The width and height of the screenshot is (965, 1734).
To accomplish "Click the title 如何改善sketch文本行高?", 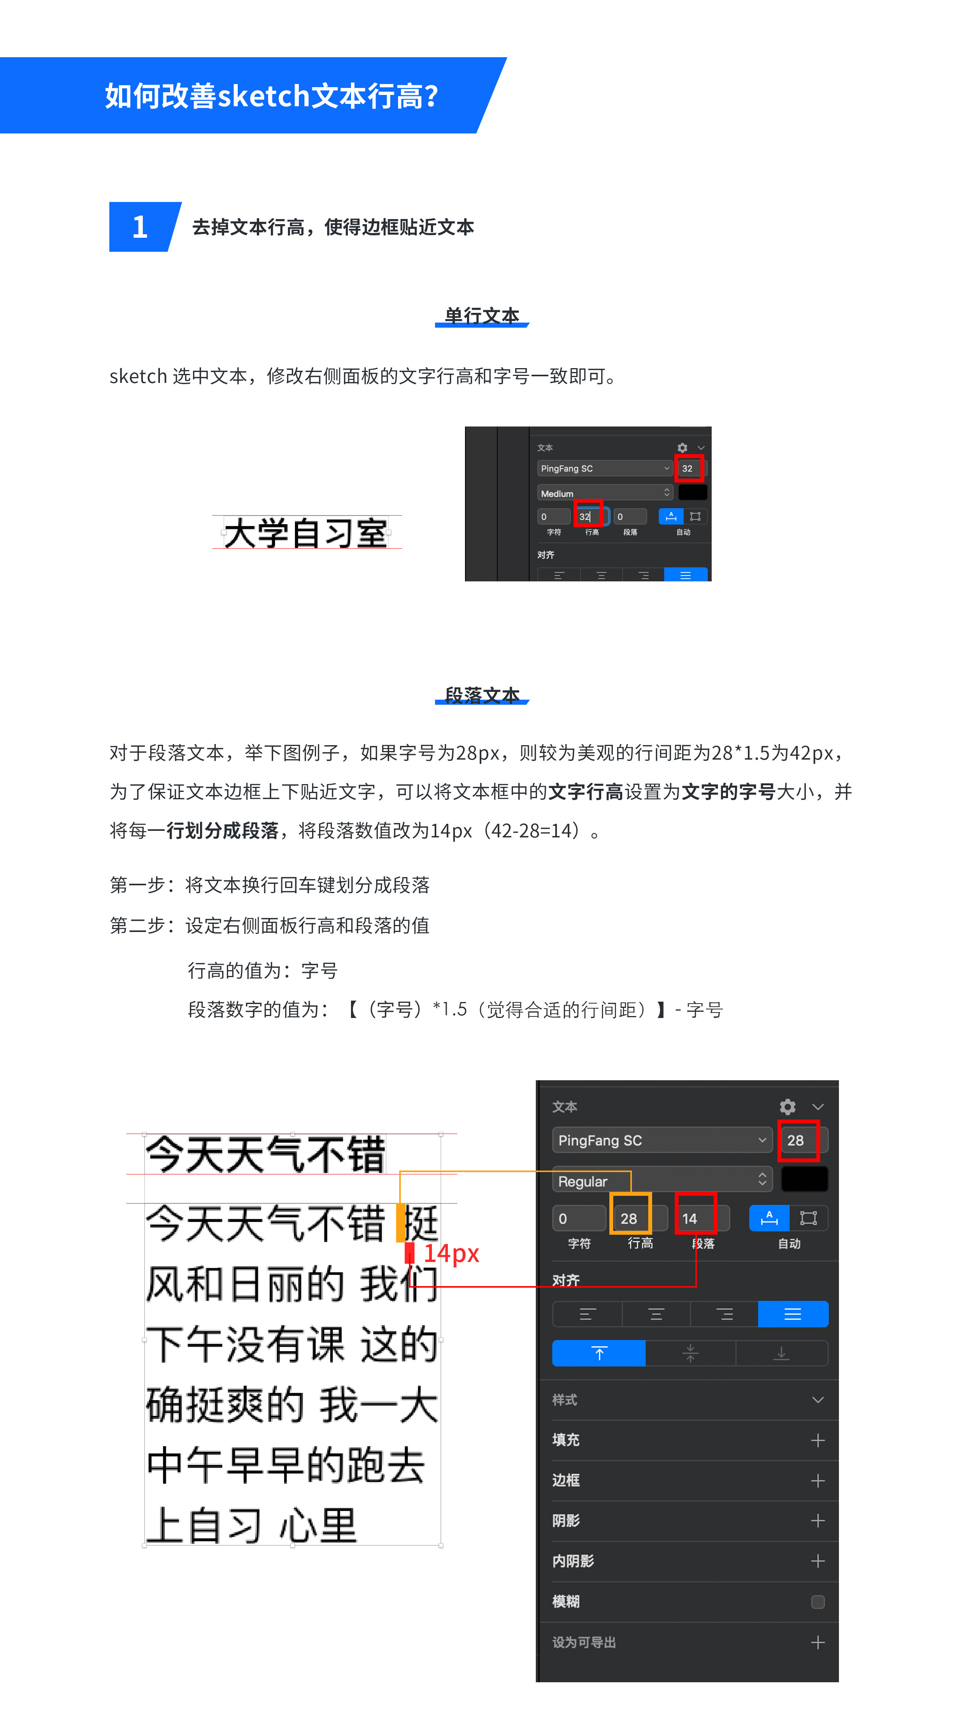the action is pyautogui.click(x=271, y=96).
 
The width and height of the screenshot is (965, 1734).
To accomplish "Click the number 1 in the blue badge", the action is pyautogui.click(x=140, y=227).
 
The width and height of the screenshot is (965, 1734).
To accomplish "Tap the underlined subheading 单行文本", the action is pyautogui.click(x=482, y=316).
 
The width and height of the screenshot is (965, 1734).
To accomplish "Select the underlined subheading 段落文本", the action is pyautogui.click(x=482, y=695).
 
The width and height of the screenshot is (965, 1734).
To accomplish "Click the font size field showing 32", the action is pyautogui.click(x=688, y=469).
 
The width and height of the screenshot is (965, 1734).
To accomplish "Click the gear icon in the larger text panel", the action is pyautogui.click(x=787, y=1107).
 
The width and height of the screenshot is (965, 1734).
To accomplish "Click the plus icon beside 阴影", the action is pyautogui.click(x=818, y=1521).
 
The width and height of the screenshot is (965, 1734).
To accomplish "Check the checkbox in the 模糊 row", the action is pyautogui.click(x=818, y=1601).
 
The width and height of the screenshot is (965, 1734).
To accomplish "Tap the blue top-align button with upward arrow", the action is pyautogui.click(x=598, y=1352).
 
